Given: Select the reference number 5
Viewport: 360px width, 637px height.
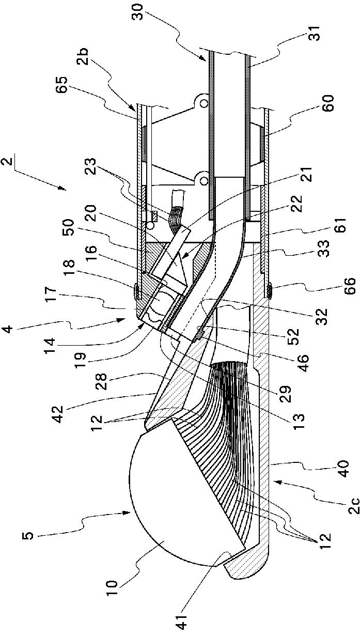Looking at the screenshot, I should click(x=31, y=533).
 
